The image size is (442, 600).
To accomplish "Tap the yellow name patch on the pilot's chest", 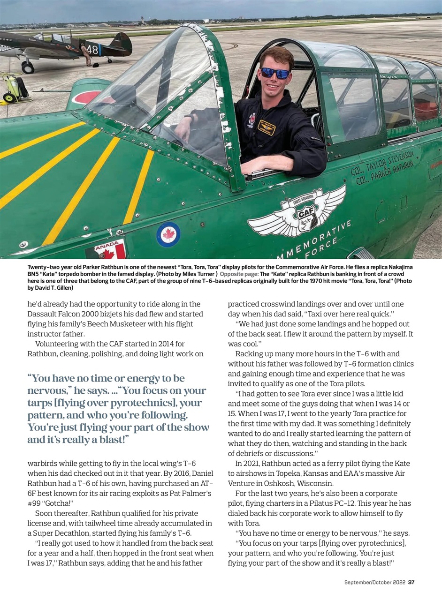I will tap(266, 127).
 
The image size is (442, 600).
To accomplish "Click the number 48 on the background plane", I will tap(91, 49).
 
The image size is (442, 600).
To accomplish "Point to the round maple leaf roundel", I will tap(168, 234).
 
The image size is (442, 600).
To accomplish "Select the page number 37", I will tap(411, 582).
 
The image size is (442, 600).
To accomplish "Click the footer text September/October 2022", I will tap(374, 582).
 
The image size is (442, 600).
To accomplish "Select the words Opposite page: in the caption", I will tap(239, 273).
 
